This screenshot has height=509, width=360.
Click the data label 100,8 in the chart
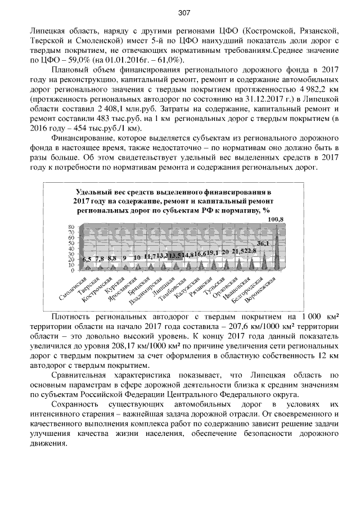276,218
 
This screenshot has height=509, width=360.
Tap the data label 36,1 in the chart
263,243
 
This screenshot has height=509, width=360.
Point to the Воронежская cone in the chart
276,247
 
